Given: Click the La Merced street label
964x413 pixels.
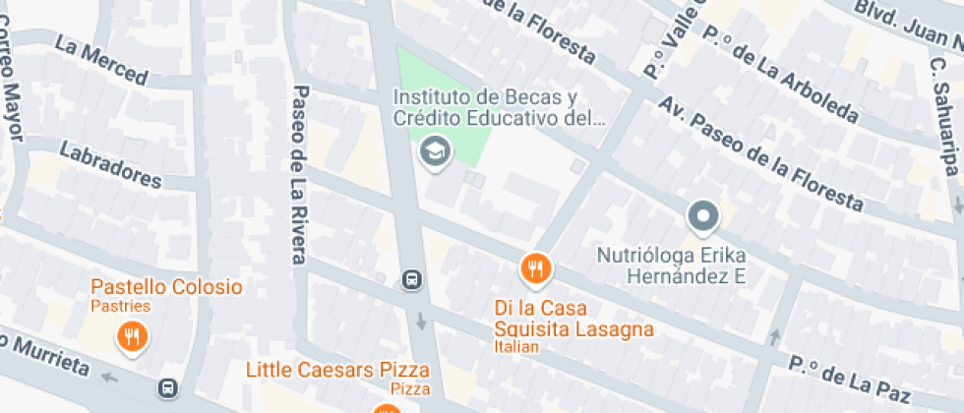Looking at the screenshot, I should click(101, 60).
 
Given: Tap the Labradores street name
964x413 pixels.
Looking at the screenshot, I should click(110, 165).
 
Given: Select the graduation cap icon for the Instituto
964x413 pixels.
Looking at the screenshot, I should click(433, 151).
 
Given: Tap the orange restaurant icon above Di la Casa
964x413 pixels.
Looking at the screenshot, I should click(535, 267).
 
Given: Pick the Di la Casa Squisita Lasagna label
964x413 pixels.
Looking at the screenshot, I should click(573, 318).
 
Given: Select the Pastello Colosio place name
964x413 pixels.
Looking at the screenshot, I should click(166, 287).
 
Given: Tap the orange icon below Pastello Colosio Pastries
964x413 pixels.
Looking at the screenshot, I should click(131, 338).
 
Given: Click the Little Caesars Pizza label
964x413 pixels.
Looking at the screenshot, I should click(337, 370).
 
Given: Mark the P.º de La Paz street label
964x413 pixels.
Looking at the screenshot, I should click(849, 379).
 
